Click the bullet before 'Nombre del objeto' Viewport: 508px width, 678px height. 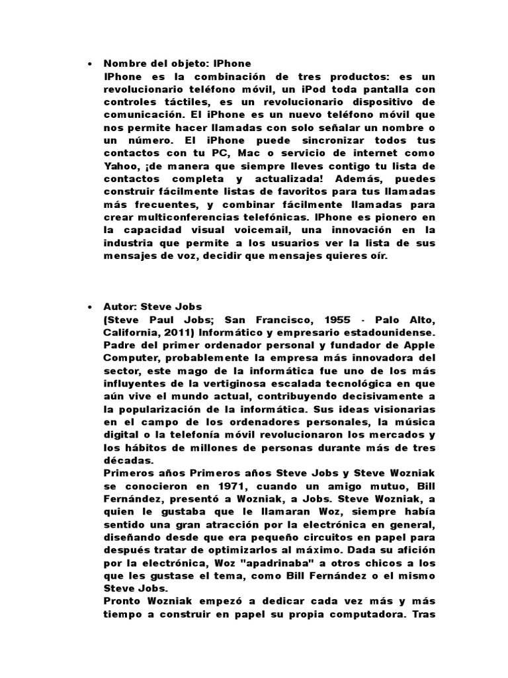click(89, 64)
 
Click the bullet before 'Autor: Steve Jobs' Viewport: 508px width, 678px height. click(89, 308)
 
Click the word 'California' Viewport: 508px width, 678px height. click(130, 333)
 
